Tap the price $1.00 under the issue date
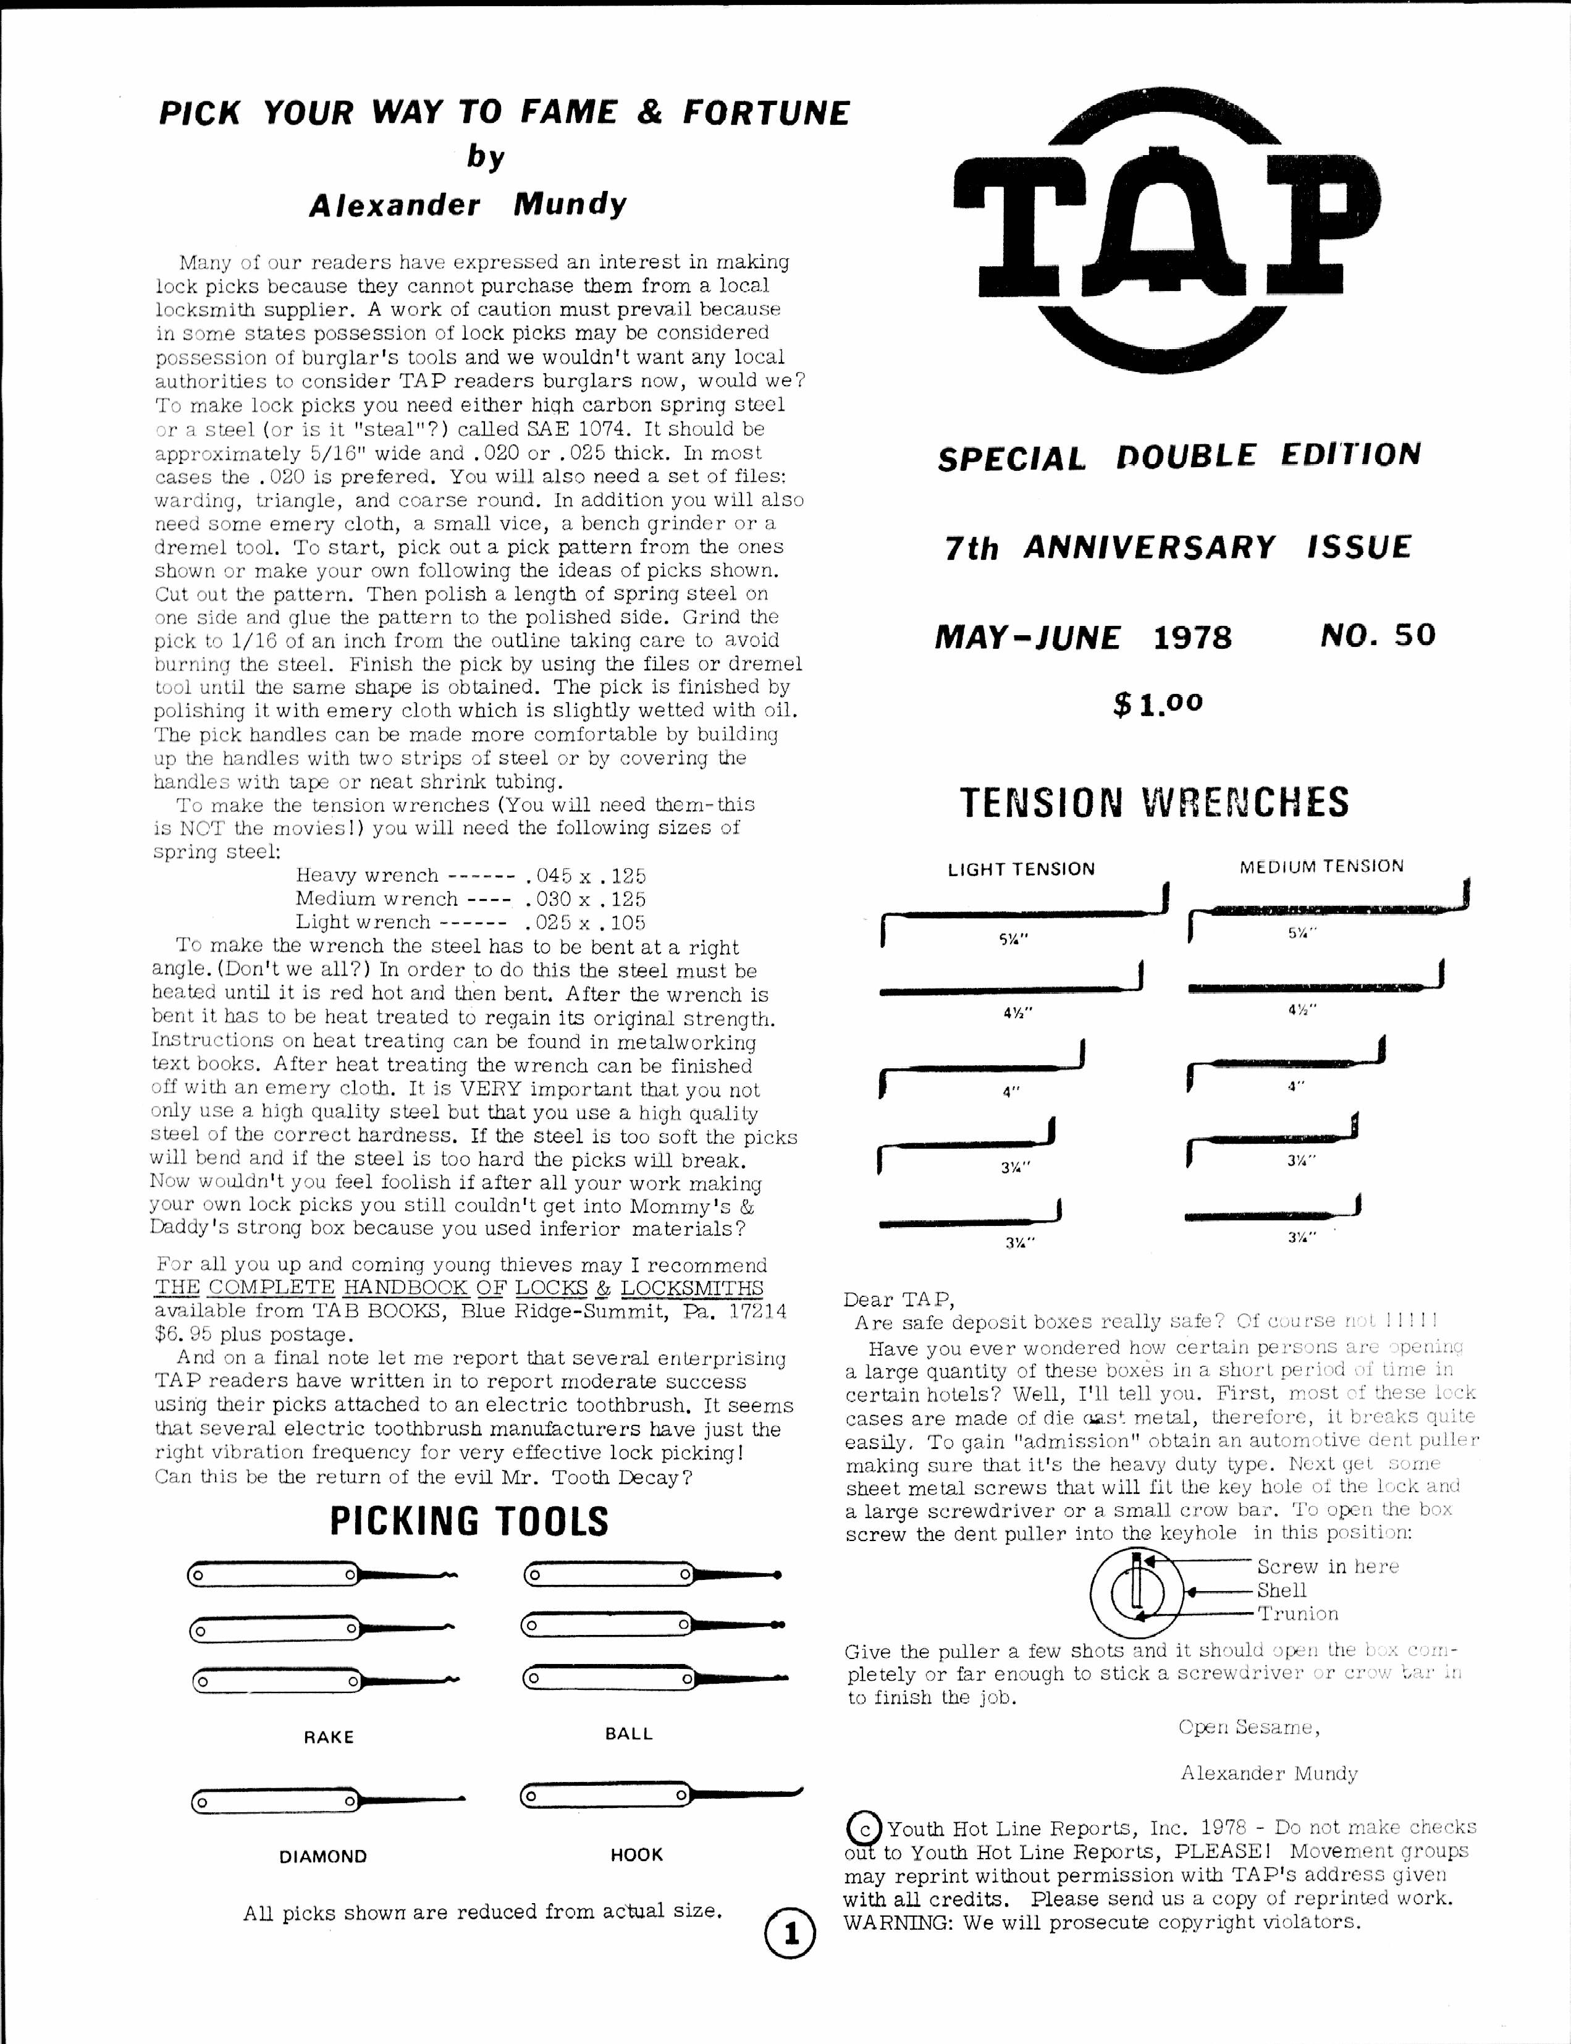point(1158,703)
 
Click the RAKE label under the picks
point(328,1738)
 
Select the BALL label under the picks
point(628,1734)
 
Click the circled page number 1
point(790,1935)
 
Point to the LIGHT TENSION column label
point(1021,869)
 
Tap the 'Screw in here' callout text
point(1327,1567)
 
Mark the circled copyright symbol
point(862,1828)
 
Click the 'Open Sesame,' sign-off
point(1249,1728)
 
